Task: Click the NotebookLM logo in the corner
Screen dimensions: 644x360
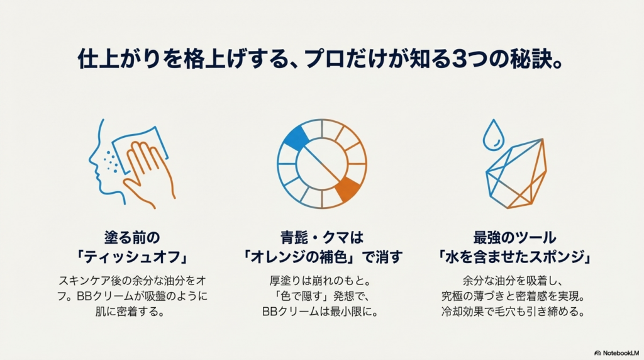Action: [616, 353]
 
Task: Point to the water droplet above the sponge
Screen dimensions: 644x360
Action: [493, 135]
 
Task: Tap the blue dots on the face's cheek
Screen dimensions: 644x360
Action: [111, 161]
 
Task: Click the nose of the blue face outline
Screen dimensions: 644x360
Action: [92, 161]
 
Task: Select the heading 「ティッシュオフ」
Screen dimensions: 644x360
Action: [132, 257]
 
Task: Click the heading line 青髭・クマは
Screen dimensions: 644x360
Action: [322, 237]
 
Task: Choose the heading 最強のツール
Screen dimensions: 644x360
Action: [514, 237]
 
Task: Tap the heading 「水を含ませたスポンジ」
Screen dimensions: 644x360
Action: [514, 257]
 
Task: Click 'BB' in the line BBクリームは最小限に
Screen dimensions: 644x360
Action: [270, 312]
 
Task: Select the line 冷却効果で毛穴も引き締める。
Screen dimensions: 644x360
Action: [513, 312]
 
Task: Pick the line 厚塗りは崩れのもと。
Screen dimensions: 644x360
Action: [320, 281]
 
